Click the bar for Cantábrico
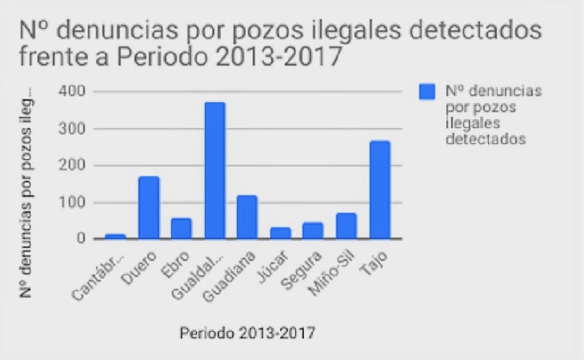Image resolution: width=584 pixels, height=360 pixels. (116, 236)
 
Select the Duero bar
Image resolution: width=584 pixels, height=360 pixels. (149, 208)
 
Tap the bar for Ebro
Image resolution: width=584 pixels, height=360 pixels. (182, 229)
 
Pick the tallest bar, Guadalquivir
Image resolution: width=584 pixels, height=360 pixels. (214, 170)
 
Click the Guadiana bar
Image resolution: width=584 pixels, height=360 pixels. (247, 217)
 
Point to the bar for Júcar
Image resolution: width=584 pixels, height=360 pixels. (280, 233)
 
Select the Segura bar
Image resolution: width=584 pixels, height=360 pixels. (313, 230)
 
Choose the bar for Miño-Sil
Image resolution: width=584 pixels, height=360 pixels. (346, 226)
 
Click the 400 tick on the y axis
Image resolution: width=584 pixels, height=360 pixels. (71, 91)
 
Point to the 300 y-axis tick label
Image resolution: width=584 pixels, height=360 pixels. (71, 128)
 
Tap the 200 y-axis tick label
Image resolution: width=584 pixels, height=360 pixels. (71, 165)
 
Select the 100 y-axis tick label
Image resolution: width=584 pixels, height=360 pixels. (71, 202)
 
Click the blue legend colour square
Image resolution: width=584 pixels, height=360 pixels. (428, 92)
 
